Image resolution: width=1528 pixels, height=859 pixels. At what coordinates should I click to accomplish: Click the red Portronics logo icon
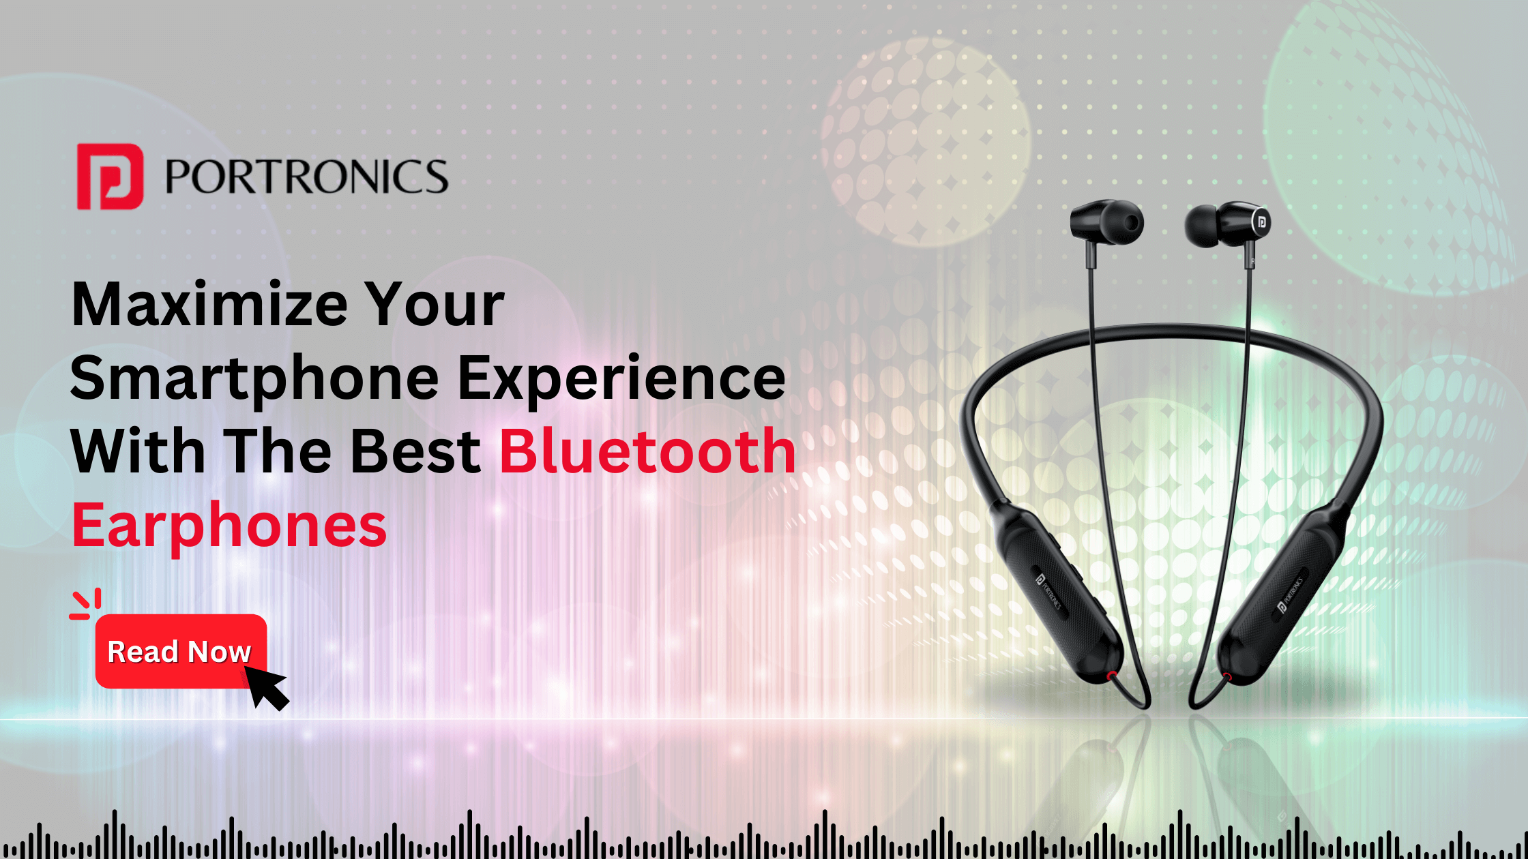point(110,176)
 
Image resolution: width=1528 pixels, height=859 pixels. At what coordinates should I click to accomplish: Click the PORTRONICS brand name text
point(306,177)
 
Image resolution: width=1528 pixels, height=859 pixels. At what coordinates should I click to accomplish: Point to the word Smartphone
point(254,380)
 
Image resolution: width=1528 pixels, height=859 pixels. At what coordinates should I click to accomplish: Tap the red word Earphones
point(229,526)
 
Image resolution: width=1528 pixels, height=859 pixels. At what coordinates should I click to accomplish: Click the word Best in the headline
point(416,451)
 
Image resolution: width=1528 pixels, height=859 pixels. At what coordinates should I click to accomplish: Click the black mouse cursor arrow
point(266,687)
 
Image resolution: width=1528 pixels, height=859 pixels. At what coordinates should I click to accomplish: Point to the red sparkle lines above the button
point(86,604)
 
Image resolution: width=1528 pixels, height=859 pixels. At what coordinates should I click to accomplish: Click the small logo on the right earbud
point(1261,222)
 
